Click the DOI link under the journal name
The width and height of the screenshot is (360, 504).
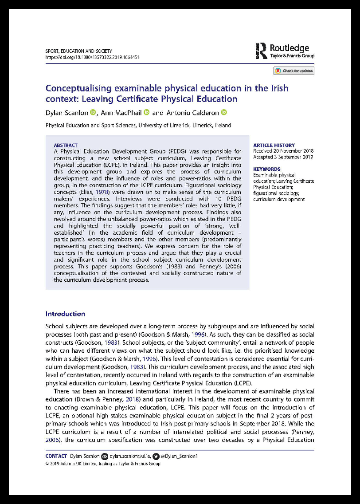93,57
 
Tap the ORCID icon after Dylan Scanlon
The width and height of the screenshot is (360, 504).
93,113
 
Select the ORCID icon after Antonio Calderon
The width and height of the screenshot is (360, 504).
224,113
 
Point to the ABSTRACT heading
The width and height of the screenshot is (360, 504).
66,145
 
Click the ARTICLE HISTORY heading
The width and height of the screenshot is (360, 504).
274,145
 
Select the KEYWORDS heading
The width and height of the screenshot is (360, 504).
266,169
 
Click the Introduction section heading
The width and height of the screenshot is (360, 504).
65,314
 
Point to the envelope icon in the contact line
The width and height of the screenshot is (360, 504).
105,456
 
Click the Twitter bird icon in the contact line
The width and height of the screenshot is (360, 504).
155,456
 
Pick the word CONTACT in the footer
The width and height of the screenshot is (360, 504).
56,456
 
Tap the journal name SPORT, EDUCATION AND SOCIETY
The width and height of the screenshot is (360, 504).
78,51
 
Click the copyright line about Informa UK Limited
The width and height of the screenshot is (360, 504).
103,464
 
